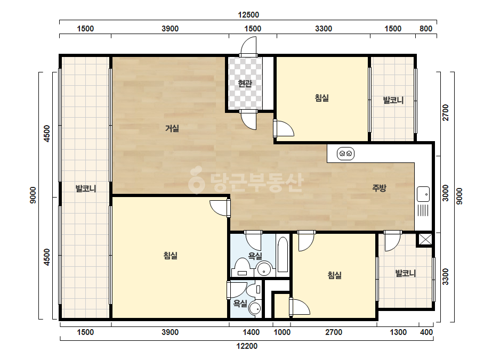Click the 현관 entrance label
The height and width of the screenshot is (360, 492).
[x=245, y=84]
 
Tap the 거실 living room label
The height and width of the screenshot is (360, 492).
[x=172, y=128]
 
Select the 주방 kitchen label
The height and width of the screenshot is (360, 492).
[x=379, y=188]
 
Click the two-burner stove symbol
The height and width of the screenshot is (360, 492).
[x=345, y=154]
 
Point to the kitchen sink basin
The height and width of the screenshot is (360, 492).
[x=423, y=194]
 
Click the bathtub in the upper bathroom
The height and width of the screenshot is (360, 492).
[x=283, y=255]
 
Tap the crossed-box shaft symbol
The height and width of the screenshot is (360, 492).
[x=425, y=239]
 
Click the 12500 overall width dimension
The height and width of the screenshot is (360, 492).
[x=248, y=15]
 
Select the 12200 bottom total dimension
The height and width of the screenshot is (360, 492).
[x=247, y=346]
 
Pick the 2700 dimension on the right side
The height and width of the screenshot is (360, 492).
[x=445, y=112]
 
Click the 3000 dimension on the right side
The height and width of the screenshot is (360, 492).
[x=445, y=193]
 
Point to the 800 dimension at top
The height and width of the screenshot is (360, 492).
[x=426, y=29]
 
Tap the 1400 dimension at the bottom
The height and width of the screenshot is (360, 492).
[x=251, y=332]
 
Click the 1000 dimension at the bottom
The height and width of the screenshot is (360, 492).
[x=282, y=332]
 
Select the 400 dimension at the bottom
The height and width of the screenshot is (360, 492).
[x=426, y=332]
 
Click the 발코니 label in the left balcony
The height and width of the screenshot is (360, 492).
[x=86, y=189]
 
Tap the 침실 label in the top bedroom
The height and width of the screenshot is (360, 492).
[x=321, y=98]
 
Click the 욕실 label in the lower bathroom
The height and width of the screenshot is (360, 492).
[x=240, y=303]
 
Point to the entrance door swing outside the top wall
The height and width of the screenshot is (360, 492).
[x=248, y=46]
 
